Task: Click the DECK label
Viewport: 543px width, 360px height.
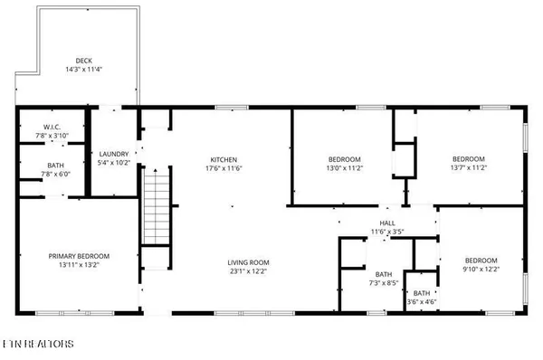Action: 84,61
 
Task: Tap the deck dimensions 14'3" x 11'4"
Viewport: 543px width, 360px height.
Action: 84,70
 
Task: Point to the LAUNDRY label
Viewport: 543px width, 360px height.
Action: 114,155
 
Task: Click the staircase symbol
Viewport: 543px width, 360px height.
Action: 156,207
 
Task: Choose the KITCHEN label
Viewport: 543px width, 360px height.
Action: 224,159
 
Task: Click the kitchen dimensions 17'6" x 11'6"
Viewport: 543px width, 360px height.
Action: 224,168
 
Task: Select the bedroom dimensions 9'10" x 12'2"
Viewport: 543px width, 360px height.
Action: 480,269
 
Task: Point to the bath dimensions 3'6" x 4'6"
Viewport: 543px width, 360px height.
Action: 422,302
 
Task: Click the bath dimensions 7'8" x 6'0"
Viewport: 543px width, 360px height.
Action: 52,175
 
